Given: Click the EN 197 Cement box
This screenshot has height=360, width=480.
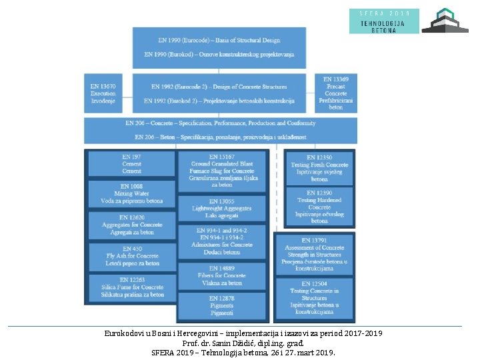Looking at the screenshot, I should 131,163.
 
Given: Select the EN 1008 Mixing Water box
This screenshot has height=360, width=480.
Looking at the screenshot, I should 131,193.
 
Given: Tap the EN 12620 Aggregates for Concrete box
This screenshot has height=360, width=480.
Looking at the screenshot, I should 131,225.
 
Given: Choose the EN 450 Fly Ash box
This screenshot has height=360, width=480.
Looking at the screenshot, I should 131,256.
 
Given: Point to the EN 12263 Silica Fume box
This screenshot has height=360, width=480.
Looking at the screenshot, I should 131,287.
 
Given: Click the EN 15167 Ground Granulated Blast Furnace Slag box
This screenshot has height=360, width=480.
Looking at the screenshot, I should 222,171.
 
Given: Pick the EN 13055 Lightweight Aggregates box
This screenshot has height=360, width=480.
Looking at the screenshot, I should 222,208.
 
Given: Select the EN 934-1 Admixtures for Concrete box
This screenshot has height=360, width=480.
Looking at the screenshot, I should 222,241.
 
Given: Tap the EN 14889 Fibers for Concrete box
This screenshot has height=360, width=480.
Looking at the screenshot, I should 222,275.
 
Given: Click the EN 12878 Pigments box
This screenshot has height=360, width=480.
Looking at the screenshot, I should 222,306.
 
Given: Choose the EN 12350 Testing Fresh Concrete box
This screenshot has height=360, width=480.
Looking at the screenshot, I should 319,168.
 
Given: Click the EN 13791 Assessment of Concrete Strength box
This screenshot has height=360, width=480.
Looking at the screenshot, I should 314,254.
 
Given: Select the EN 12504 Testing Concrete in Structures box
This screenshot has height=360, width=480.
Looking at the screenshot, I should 314,297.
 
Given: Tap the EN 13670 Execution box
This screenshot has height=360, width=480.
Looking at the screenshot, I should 103,93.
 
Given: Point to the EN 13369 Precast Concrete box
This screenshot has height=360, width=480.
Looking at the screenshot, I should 336,93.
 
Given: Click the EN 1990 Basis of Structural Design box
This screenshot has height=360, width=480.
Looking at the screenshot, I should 219,47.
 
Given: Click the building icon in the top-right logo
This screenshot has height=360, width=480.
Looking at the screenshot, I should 445,21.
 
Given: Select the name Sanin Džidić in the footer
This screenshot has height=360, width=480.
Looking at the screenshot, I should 231,343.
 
